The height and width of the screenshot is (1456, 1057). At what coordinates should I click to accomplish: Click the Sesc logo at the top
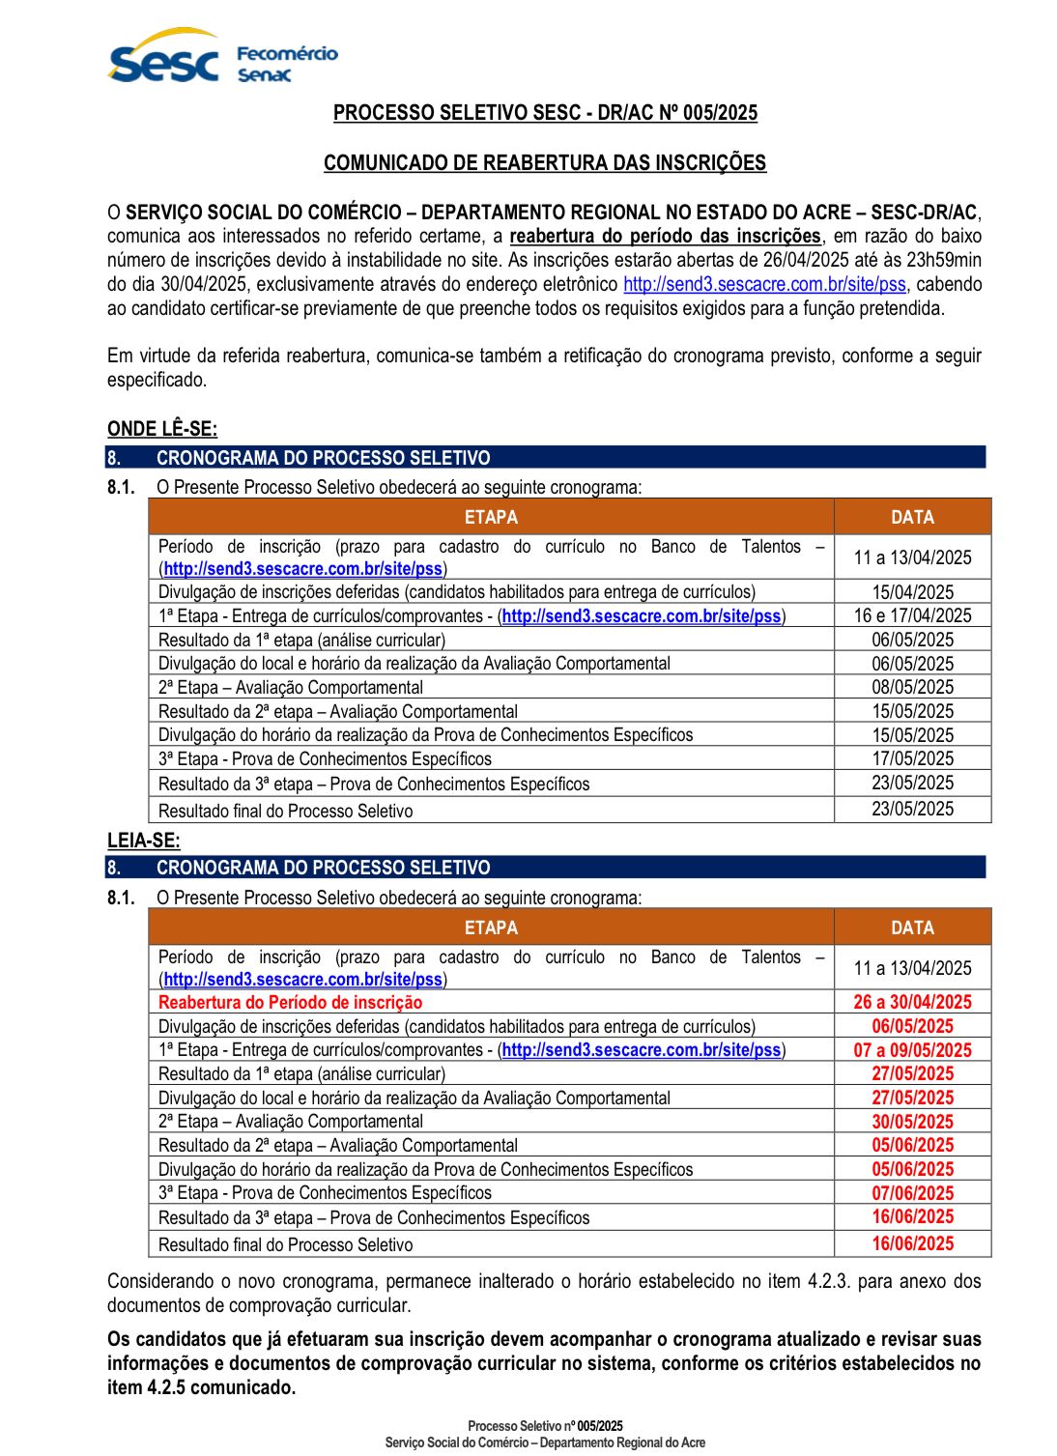pos(163,58)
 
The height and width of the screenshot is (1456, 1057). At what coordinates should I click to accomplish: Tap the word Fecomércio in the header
pos(287,53)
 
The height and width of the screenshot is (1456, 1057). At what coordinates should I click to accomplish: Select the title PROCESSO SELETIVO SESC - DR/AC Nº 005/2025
pos(545,113)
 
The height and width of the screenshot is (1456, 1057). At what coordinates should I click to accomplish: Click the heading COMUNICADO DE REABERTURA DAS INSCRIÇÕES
pos(545,162)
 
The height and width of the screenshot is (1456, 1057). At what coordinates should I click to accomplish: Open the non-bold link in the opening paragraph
pos(764,284)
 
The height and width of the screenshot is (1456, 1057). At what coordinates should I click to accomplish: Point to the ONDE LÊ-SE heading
pos(162,429)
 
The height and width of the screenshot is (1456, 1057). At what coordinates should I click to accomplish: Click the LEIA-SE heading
pos(143,841)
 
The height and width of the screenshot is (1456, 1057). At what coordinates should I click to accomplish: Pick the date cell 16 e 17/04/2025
pos(912,615)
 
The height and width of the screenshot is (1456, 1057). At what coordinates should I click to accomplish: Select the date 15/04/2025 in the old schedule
pos(912,591)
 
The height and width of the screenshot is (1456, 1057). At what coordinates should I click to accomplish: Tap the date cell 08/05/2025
pos(912,687)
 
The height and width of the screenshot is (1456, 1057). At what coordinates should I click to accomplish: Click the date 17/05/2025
pos(912,758)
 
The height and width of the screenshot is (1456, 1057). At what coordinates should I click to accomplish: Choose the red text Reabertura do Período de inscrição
pos(290,1003)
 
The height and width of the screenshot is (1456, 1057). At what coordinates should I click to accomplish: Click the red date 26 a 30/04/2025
pos(912,1002)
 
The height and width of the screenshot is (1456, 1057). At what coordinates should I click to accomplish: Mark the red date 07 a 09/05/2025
pos(912,1050)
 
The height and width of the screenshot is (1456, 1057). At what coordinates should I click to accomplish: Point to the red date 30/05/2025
pos(912,1122)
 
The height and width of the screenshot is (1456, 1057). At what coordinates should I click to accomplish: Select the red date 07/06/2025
pos(912,1193)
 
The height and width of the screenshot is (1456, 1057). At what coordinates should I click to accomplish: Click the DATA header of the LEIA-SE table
pos(912,928)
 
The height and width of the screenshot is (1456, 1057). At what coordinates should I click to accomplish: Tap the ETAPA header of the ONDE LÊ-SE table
pos(491,517)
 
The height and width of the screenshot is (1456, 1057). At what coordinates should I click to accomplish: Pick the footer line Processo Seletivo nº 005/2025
pos(545,1426)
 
